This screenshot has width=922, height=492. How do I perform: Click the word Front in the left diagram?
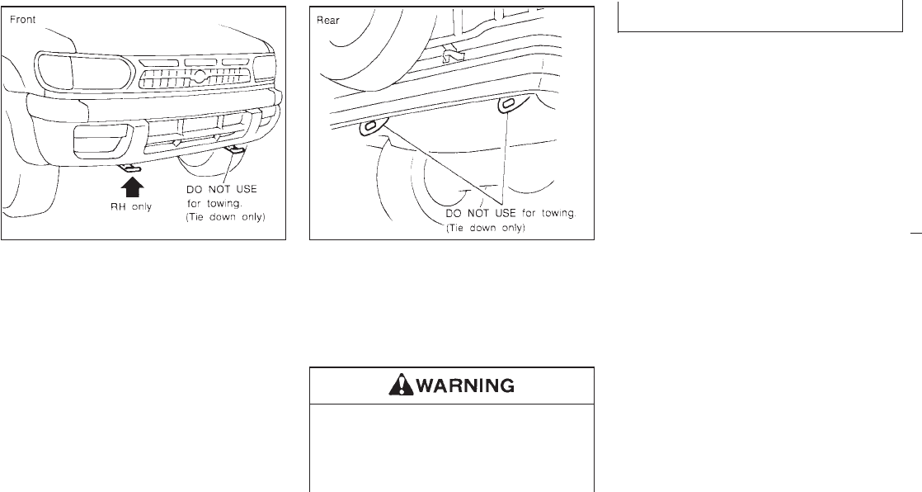coord(22,20)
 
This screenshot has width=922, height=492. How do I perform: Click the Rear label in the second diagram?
coord(328,21)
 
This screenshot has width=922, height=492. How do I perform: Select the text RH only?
coord(131,206)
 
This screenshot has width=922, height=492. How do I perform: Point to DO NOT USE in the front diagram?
coord(222,190)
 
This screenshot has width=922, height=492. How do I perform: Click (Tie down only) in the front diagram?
coord(226,217)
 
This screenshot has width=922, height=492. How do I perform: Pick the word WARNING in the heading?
coord(465,386)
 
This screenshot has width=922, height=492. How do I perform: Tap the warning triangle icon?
coord(401,385)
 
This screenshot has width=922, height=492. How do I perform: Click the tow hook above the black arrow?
coord(130,169)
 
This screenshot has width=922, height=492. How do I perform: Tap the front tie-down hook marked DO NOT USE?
coord(236,151)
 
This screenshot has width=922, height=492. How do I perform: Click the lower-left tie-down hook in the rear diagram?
coord(372,128)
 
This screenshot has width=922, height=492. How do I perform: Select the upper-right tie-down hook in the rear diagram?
coord(507,105)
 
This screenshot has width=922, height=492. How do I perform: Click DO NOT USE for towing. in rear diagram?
coord(511,213)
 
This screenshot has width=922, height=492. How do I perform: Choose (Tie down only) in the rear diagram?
coord(485,228)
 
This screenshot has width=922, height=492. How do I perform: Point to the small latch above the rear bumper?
coord(453,54)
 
